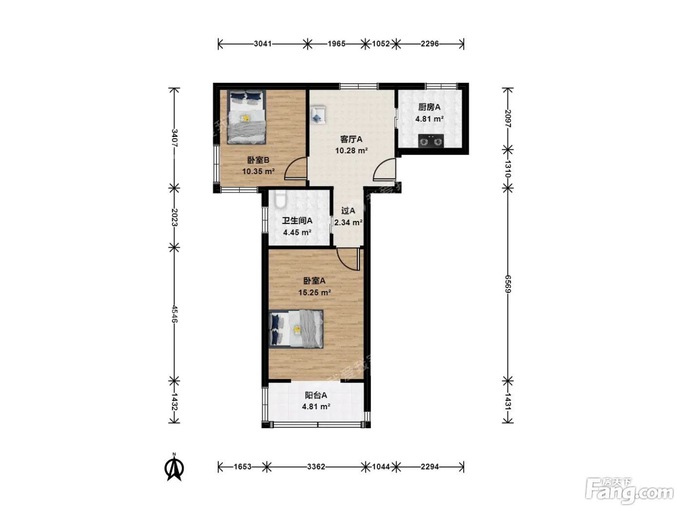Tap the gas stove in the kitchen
coord(430,142)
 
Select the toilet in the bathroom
coord(280,200)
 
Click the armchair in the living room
coord(318,115)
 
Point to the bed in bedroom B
coord(246,117)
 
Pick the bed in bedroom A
coord(296,329)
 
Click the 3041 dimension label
coord(263,44)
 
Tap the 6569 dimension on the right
coord(508,284)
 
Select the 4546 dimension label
coord(174,314)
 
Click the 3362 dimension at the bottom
coord(316,467)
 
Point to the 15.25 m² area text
coord(314,292)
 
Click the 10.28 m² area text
coord(351,151)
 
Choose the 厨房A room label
coord(429,107)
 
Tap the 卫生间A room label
coord(297,220)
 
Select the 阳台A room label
coord(316,395)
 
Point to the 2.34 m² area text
coord(348,222)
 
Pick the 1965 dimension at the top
coord(337,44)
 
